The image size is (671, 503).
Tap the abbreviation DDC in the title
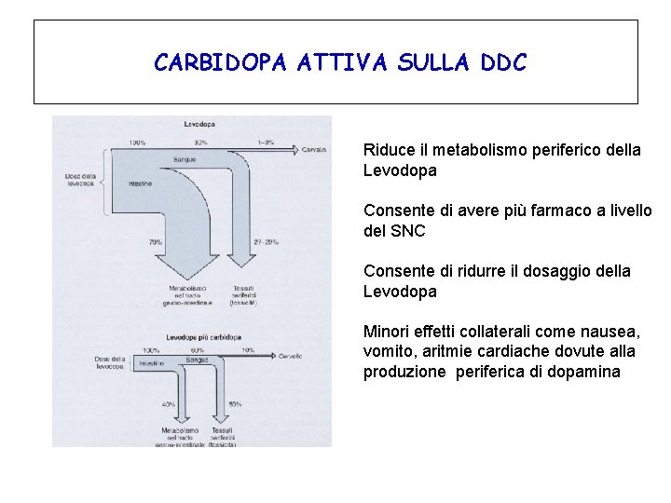coord(503,62)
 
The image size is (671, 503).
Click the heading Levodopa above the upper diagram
coord(201,123)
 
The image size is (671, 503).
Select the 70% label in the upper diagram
coord(155,242)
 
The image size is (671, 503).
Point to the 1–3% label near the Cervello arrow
coord(267,142)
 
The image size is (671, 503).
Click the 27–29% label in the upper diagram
coord(267,242)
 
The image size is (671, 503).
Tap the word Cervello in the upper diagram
coord(314,149)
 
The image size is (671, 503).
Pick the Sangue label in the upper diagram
coord(185,160)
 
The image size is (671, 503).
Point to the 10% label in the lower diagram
coord(248,350)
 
